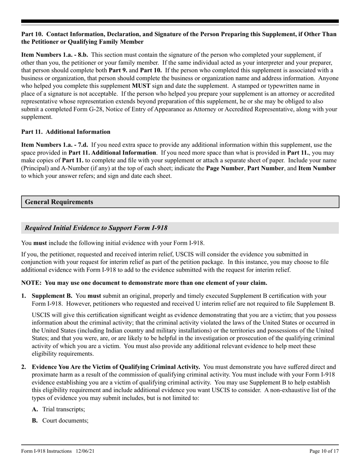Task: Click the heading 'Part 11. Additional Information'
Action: (x=66, y=132)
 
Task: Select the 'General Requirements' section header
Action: (x=59, y=202)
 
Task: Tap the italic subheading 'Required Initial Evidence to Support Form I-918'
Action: (x=96, y=228)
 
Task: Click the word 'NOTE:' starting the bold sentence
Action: (x=31, y=283)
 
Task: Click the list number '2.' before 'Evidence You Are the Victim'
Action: (x=24, y=367)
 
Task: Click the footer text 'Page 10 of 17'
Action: (x=324, y=451)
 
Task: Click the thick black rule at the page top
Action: (x=180, y=22)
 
